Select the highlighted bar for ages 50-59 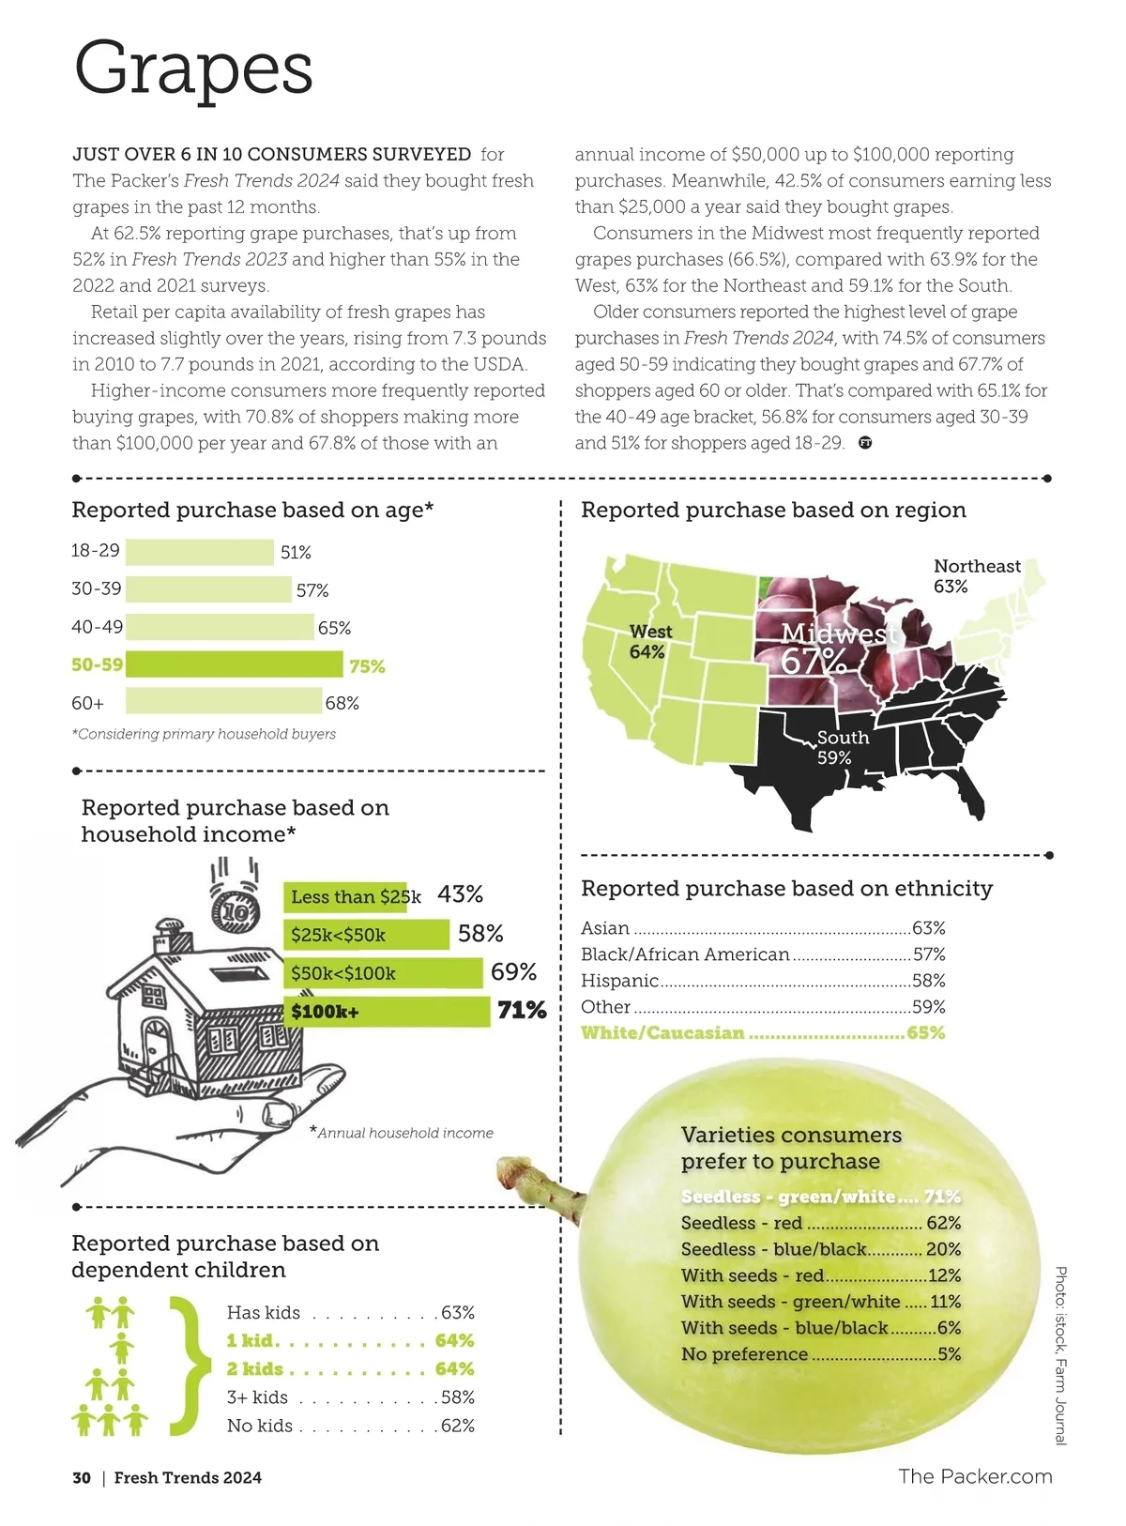click(x=234, y=664)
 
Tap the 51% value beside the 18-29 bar click(x=296, y=553)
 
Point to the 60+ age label click(x=88, y=703)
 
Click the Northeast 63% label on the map click(x=976, y=576)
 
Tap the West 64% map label click(x=650, y=641)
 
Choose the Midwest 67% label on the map click(x=830, y=648)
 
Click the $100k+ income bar click(x=387, y=1012)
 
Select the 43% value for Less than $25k click(x=460, y=894)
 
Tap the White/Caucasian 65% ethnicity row click(x=762, y=1033)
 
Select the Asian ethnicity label click(x=605, y=928)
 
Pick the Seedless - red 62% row click(x=820, y=1223)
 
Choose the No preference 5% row click(x=820, y=1354)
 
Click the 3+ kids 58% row click(x=350, y=1397)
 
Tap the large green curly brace click(x=190, y=1366)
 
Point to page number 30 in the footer click(x=82, y=1478)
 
